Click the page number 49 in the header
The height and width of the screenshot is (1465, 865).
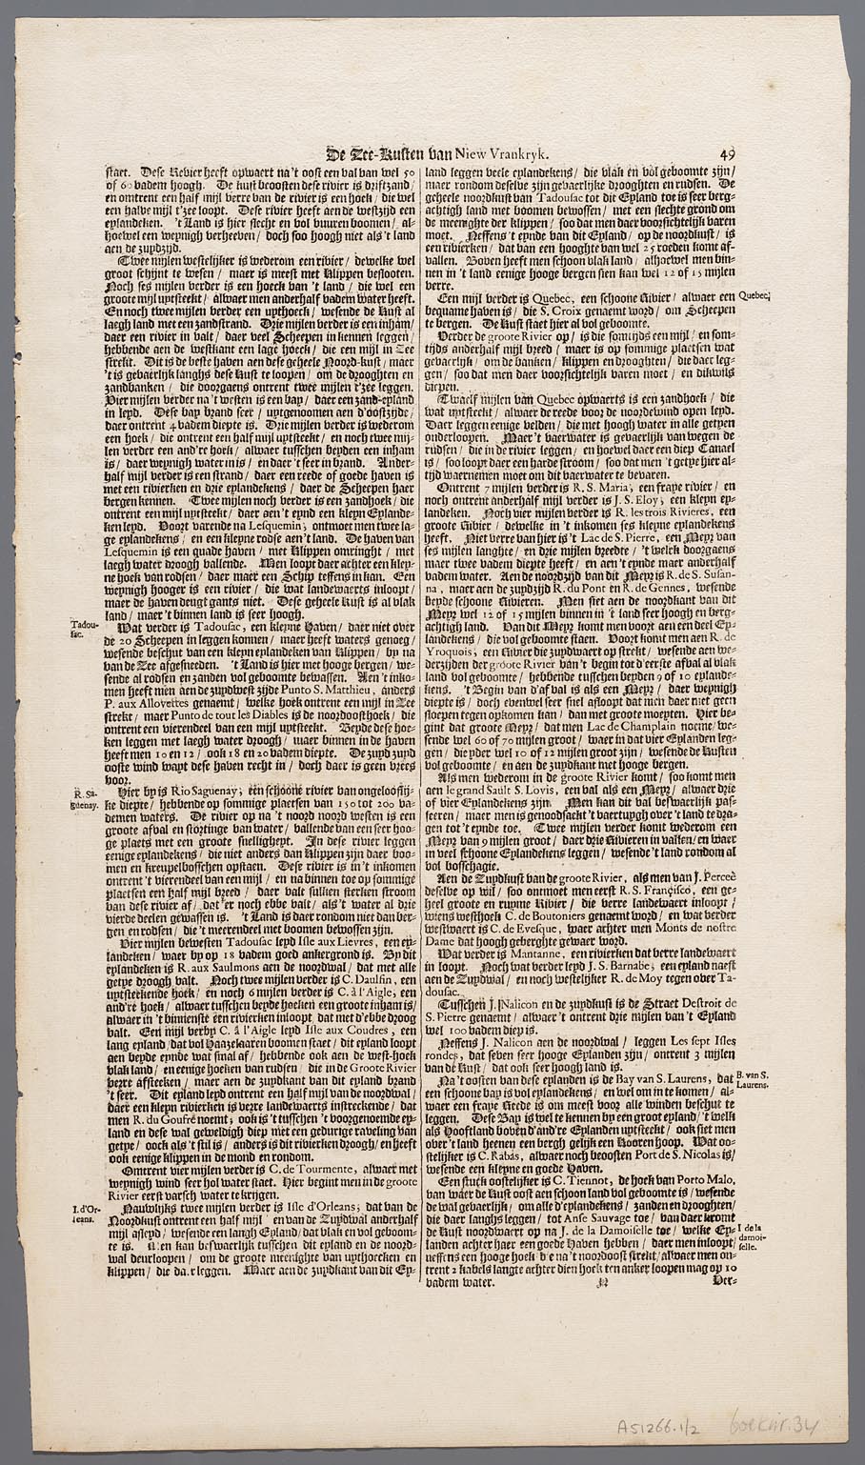727,154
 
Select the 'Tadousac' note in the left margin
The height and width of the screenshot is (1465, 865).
84,631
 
